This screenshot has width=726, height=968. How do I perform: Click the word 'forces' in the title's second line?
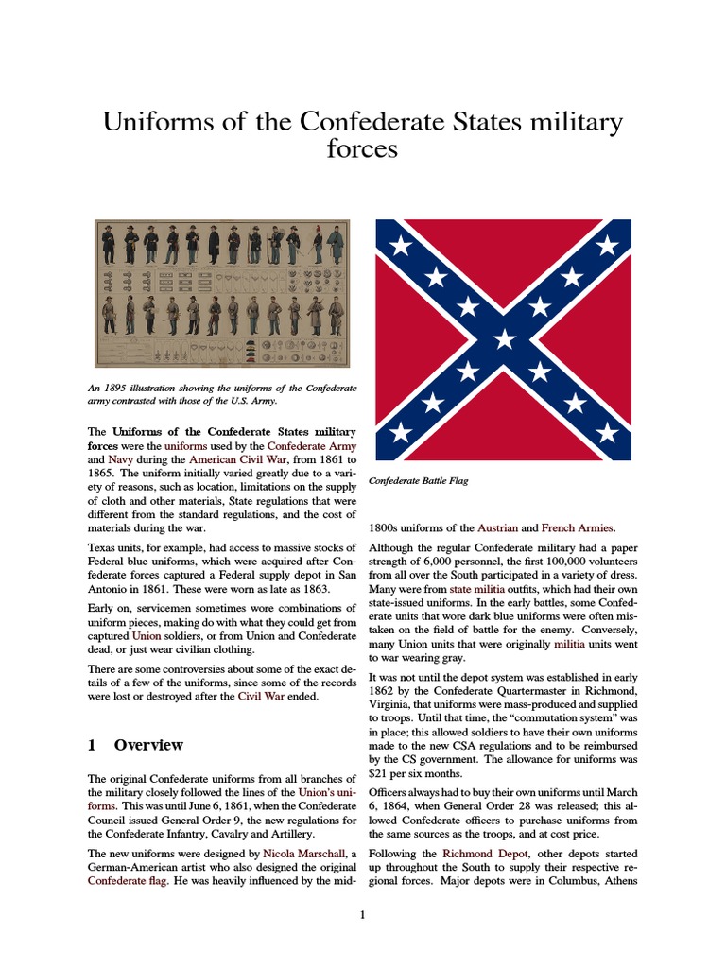(x=362, y=150)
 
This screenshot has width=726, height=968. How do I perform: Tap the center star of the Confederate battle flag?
(x=504, y=338)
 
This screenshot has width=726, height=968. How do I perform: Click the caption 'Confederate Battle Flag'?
(x=419, y=481)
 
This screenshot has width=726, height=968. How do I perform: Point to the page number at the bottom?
(x=363, y=915)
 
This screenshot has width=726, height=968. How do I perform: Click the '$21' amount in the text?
(x=379, y=772)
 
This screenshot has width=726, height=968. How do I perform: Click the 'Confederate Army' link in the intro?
(x=312, y=444)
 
